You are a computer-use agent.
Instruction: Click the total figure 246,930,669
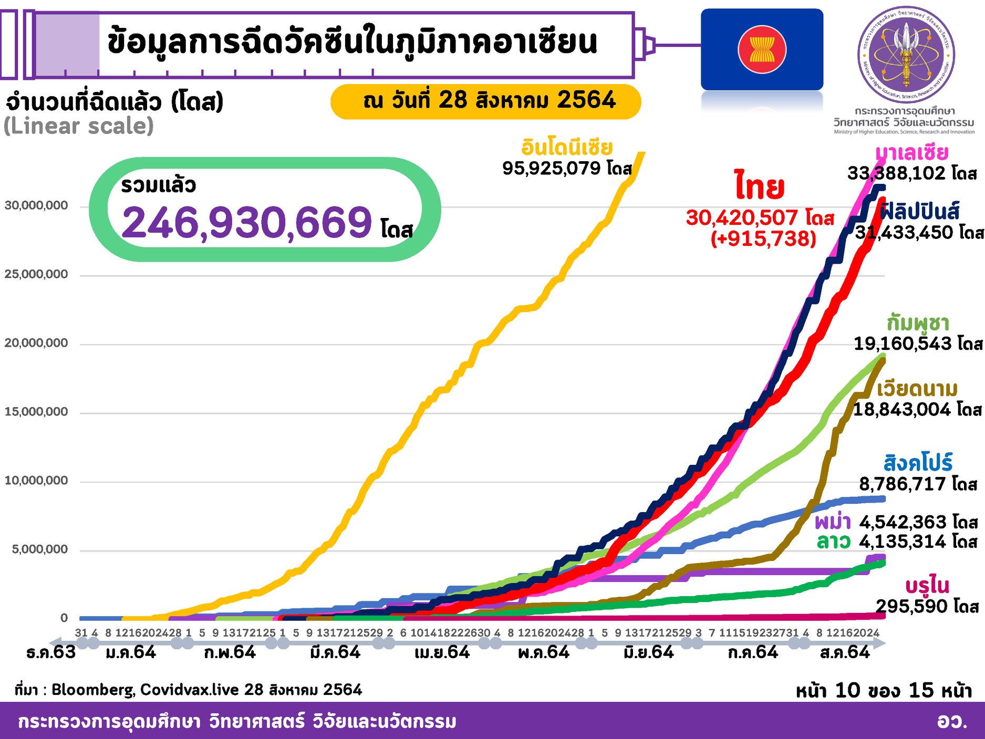247,222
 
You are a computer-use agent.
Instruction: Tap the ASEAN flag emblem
762,49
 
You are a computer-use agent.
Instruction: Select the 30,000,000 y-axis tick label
36,205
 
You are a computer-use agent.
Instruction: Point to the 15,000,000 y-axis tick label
36,412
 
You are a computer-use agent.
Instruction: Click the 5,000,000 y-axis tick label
40,549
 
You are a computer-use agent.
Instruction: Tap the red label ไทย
759,187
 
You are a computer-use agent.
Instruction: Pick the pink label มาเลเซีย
911,153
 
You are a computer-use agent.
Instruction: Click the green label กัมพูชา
917,322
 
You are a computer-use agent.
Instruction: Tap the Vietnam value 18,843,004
901,409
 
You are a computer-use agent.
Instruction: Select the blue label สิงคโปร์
917,463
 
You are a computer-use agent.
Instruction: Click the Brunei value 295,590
913,606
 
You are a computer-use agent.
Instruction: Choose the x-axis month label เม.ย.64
442,652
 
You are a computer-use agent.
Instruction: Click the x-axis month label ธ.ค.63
51,652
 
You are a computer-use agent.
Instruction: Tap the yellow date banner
485,101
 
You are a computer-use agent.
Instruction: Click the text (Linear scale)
79,126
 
